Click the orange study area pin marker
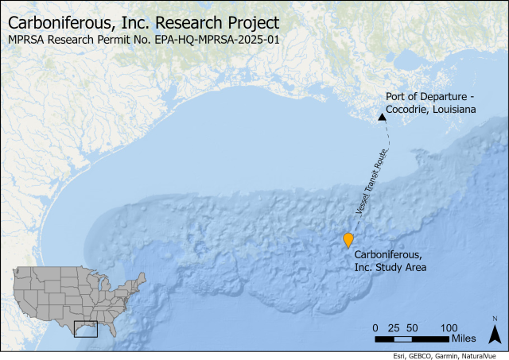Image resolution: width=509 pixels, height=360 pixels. click(x=348, y=240)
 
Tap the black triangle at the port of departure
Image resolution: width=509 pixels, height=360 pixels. click(x=382, y=117)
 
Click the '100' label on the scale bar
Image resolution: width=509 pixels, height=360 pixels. click(x=449, y=327)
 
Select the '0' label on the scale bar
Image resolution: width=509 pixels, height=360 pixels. click(x=375, y=327)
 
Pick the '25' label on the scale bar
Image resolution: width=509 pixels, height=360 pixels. click(x=394, y=327)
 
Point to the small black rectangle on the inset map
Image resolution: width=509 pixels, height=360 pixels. click(x=85, y=328)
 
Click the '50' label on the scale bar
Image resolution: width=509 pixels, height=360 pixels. click(x=412, y=327)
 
